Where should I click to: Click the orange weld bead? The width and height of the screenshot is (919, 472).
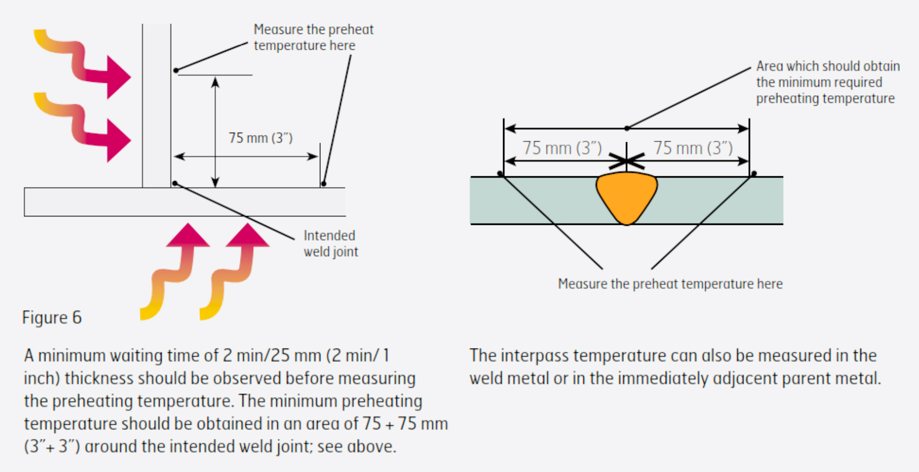click(x=626, y=196)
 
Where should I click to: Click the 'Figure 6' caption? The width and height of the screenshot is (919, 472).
click(x=52, y=318)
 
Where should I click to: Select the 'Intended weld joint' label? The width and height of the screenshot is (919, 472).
click(x=330, y=244)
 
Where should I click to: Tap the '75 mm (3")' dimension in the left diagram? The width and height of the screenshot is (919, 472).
click(x=260, y=138)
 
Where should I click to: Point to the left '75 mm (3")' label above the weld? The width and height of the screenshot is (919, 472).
click(x=561, y=148)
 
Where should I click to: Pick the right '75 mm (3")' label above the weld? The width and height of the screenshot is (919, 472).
click(x=693, y=148)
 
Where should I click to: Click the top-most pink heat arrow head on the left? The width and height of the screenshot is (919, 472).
click(x=118, y=77)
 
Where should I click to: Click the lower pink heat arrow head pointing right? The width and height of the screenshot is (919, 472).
click(x=118, y=140)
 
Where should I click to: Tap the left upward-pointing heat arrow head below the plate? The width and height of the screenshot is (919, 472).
click(x=188, y=236)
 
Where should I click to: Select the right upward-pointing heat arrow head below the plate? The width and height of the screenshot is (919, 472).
click(x=247, y=236)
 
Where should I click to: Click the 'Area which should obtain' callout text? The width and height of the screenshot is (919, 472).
click(x=827, y=67)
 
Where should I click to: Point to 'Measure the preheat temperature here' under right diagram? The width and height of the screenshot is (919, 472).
click(x=670, y=284)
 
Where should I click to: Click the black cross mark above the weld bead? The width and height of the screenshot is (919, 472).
click(x=626, y=162)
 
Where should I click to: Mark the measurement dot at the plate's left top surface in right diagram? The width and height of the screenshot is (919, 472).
click(x=501, y=174)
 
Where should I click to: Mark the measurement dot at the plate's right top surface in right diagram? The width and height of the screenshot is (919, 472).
click(x=754, y=174)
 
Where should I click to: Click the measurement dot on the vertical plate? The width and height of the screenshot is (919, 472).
click(x=176, y=70)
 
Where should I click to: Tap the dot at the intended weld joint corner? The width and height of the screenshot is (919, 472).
click(x=175, y=183)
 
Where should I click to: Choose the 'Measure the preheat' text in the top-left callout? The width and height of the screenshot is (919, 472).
click(x=313, y=30)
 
